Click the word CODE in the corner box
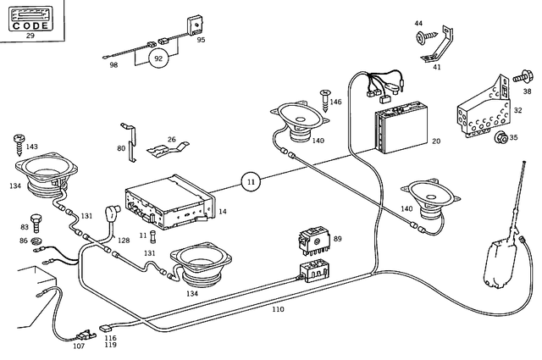click(x=30, y=26)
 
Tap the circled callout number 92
click(x=158, y=58)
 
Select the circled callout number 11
click(x=252, y=180)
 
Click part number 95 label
click(x=201, y=39)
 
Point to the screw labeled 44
click(x=423, y=36)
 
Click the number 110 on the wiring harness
click(x=278, y=309)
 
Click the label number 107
click(x=79, y=345)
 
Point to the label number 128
click(x=124, y=241)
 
